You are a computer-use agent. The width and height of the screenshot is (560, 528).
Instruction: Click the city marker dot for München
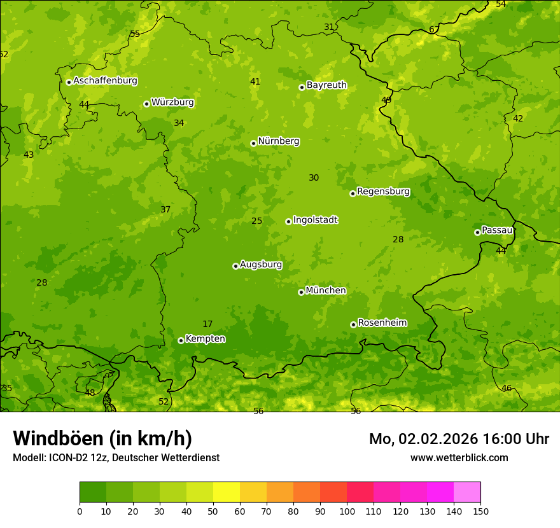(301, 292)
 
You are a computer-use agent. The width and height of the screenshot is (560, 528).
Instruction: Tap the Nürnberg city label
(278, 141)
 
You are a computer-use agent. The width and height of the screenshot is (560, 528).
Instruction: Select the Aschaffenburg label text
(105, 81)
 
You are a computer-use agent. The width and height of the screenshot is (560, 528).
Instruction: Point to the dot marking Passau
(477, 232)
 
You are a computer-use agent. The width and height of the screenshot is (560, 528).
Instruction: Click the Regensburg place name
(383, 191)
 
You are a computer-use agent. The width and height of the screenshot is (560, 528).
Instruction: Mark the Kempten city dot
(181, 340)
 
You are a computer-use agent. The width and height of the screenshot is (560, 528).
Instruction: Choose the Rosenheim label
(382, 323)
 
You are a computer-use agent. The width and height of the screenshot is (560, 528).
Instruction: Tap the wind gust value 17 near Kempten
(207, 324)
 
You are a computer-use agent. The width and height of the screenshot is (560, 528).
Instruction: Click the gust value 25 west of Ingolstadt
(256, 221)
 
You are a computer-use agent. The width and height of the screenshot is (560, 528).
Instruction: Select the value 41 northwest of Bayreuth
(255, 82)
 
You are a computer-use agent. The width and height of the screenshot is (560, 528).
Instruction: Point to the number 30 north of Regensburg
(314, 178)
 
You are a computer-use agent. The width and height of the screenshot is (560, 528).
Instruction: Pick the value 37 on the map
(165, 210)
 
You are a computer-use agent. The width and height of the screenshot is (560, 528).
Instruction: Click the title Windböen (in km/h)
(102, 438)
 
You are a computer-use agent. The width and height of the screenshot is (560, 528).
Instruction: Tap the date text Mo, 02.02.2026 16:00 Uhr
(459, 439)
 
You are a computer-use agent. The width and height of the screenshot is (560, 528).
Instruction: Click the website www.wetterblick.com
(459, 457)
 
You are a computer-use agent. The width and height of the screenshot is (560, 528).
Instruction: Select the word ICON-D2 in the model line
(67, 457)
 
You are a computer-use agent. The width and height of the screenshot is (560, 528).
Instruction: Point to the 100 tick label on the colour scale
(347, 511)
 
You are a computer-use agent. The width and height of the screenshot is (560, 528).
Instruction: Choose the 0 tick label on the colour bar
(80, 511)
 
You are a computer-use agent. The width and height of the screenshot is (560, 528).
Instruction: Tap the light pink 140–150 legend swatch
(467, 492)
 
